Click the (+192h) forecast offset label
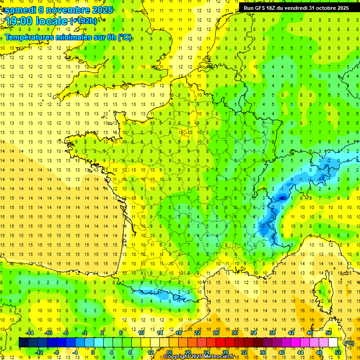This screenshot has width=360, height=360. (x=83, y=21)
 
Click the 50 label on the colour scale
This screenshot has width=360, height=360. (x=329, y=333)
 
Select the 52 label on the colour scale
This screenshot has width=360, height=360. (x=338, y=352)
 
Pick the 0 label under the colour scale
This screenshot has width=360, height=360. (x=93, y=352)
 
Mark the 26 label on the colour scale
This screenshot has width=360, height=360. (x=216, y=333)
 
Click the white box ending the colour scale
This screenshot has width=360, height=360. (x=333, y=342)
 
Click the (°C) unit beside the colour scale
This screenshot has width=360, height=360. (x=349, y=343)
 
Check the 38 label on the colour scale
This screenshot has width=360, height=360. (x=272, y=333)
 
